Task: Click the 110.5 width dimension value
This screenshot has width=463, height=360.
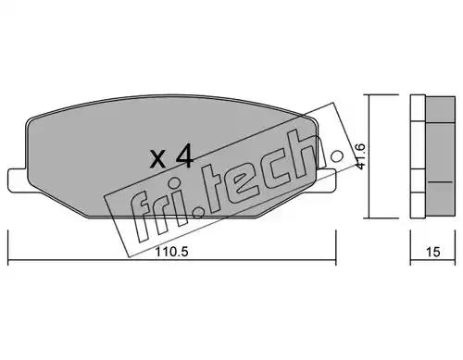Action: pyautogui.click(x=171, y=252)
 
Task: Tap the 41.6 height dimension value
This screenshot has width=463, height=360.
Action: pyautogui.click(x=360, y=156)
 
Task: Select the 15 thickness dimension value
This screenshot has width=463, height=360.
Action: pyautogui.click(x=432, y=252)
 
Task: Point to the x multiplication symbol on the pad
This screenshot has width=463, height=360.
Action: pyautogui.click(x=157, y=159)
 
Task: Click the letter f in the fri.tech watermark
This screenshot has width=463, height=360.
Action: pyautogui.click(x=142, y=215)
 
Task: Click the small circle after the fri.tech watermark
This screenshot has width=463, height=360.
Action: pyautogui.click(x=337, y=156)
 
